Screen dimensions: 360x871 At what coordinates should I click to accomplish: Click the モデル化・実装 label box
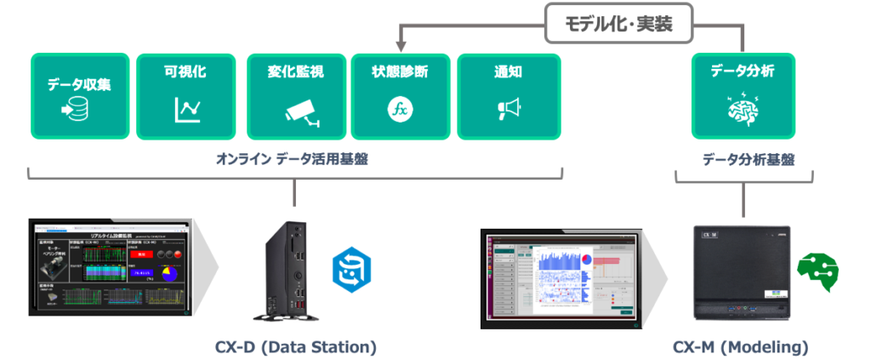pyautogui.click(x=619, y=24)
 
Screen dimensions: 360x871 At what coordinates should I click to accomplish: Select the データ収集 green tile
pyautogui.click(x=80, y=96)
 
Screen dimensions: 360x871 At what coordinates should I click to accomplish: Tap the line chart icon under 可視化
pyautogui.click(x=187, y=109)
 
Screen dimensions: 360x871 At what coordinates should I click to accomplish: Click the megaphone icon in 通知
pyautogui.click(x=508, y=108)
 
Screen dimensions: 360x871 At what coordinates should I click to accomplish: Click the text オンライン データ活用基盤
pyautogui.click(x=293, y=159)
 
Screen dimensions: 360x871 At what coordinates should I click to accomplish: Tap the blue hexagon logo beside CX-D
pyautogui.click(x=349, y=270)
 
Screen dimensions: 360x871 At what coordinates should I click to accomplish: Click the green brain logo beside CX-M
pyautogui.click(x=817, y=273)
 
